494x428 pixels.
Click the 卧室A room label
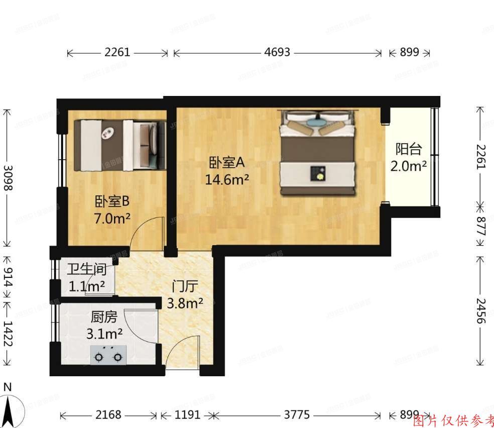pos(226,162)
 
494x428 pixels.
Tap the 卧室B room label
pos(112,201)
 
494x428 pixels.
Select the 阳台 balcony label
pos(409,149)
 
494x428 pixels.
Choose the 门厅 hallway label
pos(184,287)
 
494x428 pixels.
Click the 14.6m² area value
pos(227,179)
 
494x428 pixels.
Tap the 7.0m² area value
pos(112,219)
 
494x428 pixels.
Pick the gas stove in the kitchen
pos(107,355)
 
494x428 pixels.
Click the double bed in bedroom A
pos(318,152)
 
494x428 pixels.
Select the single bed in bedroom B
pos(120,144)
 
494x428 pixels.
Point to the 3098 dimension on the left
pos(8,178)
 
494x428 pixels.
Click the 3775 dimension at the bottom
pos(297,415)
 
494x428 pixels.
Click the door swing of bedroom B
pos(149,233)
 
